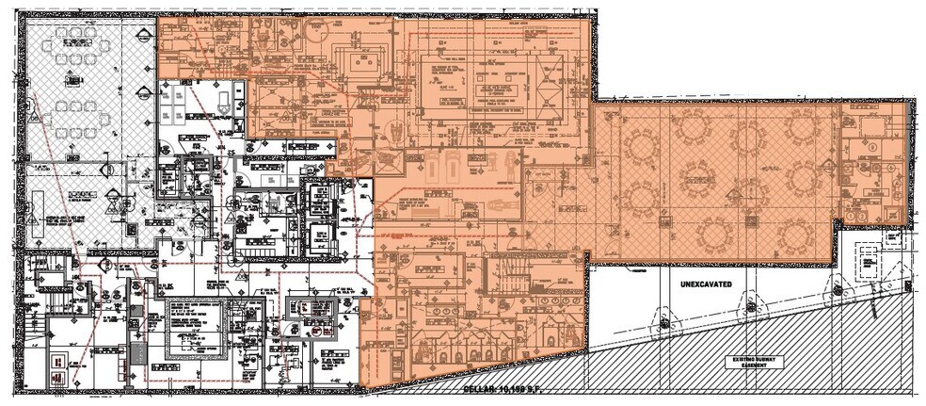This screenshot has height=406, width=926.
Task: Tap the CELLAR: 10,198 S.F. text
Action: (x=507, y=387)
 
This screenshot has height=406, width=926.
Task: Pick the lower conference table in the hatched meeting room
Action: (x=72, y=113)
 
